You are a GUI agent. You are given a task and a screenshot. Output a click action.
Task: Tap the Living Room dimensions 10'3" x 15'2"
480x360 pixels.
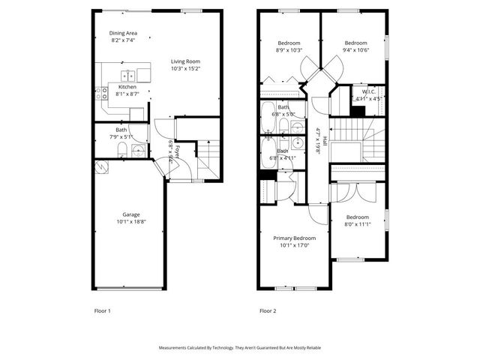point(185,68)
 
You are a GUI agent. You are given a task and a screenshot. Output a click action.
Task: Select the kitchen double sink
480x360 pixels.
point(128,74)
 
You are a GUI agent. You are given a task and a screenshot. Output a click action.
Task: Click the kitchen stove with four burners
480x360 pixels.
point(100,93)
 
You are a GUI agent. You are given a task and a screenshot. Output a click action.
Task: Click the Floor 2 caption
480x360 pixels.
point(268,310)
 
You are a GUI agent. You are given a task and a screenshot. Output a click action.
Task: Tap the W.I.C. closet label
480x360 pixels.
point(368,91)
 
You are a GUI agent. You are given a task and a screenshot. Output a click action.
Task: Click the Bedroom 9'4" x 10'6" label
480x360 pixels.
point(355,43)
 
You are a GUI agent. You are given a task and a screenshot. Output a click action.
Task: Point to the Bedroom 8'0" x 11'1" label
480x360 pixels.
point(357,217)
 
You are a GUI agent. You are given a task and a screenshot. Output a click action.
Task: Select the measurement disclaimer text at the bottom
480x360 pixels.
point(240,348)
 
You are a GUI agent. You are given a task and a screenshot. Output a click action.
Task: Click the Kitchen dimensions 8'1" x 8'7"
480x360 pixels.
point(127,94)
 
